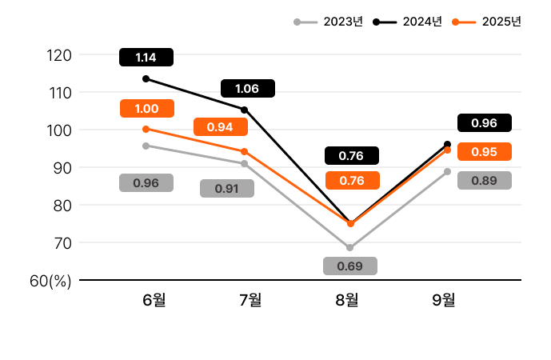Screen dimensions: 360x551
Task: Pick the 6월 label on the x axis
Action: click(x=154, y=300)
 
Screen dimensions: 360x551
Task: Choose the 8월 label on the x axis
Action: click(x=347, y=300)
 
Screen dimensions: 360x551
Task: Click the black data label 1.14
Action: click(x=146, y=57)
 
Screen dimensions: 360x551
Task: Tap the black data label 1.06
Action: click(x=247, y=88)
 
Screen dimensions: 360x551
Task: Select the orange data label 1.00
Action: click(x=146, y=109)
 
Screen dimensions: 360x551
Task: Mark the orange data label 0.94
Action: click(x=220, y=127)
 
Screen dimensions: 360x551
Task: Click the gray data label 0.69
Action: click(x=349, y=266)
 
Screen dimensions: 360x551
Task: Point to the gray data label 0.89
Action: click(x=484, y=181)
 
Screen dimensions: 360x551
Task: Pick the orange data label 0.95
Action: click(x=484, y=151)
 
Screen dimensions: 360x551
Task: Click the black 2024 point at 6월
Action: click(x=146, y=78)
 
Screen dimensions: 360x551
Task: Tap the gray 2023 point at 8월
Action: click(x=349, y=247)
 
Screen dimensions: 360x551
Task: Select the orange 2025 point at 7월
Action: click(x=244, y=151)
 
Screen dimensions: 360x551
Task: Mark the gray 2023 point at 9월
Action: click(x=447, y=171)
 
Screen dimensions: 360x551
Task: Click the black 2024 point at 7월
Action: click(x=244, y=110)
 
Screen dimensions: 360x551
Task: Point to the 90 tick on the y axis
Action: click(x=62, y=168)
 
